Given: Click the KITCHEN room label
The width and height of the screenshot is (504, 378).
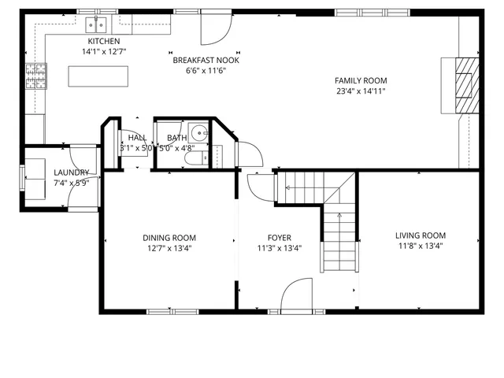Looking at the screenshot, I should click(104, 41).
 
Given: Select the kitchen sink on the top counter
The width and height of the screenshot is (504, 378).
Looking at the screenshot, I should click(99, 22).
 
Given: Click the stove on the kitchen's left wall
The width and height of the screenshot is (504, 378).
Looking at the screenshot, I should click(35, 77).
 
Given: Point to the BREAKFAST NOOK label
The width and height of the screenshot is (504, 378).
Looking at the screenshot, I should click(206, 60).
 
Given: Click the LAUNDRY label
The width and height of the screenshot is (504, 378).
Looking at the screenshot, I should click(71, 172).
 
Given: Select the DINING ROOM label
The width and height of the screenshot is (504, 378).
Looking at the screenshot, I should click(169, 237).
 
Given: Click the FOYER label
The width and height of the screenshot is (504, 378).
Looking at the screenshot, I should click(279, 237).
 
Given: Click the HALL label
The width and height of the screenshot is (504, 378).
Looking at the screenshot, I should click(137, 137).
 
